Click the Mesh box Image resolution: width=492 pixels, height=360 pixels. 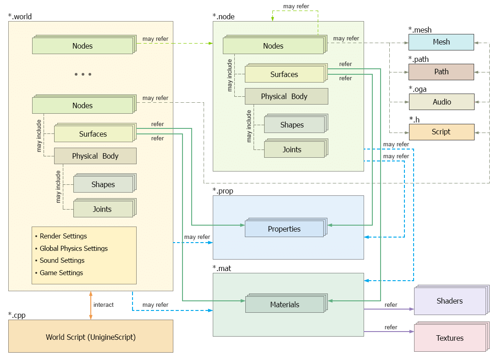click(x=441, y=42)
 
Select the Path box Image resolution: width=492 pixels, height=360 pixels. click(x=441, y=72)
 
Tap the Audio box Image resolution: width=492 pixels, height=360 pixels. click(x=441, y=102)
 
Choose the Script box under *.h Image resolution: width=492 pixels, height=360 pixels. click(x=441, y=132)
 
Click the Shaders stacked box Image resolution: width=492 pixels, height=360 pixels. click(x=449, y=301)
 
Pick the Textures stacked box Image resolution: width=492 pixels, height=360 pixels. click(x=449, y=338)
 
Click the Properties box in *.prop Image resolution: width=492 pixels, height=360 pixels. click(x=284, y=229)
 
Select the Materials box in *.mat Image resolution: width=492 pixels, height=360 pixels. click(x=284, y=305)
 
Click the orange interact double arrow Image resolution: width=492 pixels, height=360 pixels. click(x=91, y=305)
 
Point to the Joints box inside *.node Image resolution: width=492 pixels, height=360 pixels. click(x=292, y=150)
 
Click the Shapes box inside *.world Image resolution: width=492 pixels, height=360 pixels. click(x=103, y=185)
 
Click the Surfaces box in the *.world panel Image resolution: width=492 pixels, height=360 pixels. click(x=93, y=134)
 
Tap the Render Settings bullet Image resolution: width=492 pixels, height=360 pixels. click(x=63, y=236)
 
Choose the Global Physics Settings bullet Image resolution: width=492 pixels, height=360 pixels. click(x=73, y=249)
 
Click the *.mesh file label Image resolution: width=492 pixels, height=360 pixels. click(x=420, y=30)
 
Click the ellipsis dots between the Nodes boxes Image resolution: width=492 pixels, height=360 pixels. click(x=83, y=74)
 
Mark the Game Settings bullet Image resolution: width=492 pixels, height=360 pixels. click(x=61, y=273)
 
